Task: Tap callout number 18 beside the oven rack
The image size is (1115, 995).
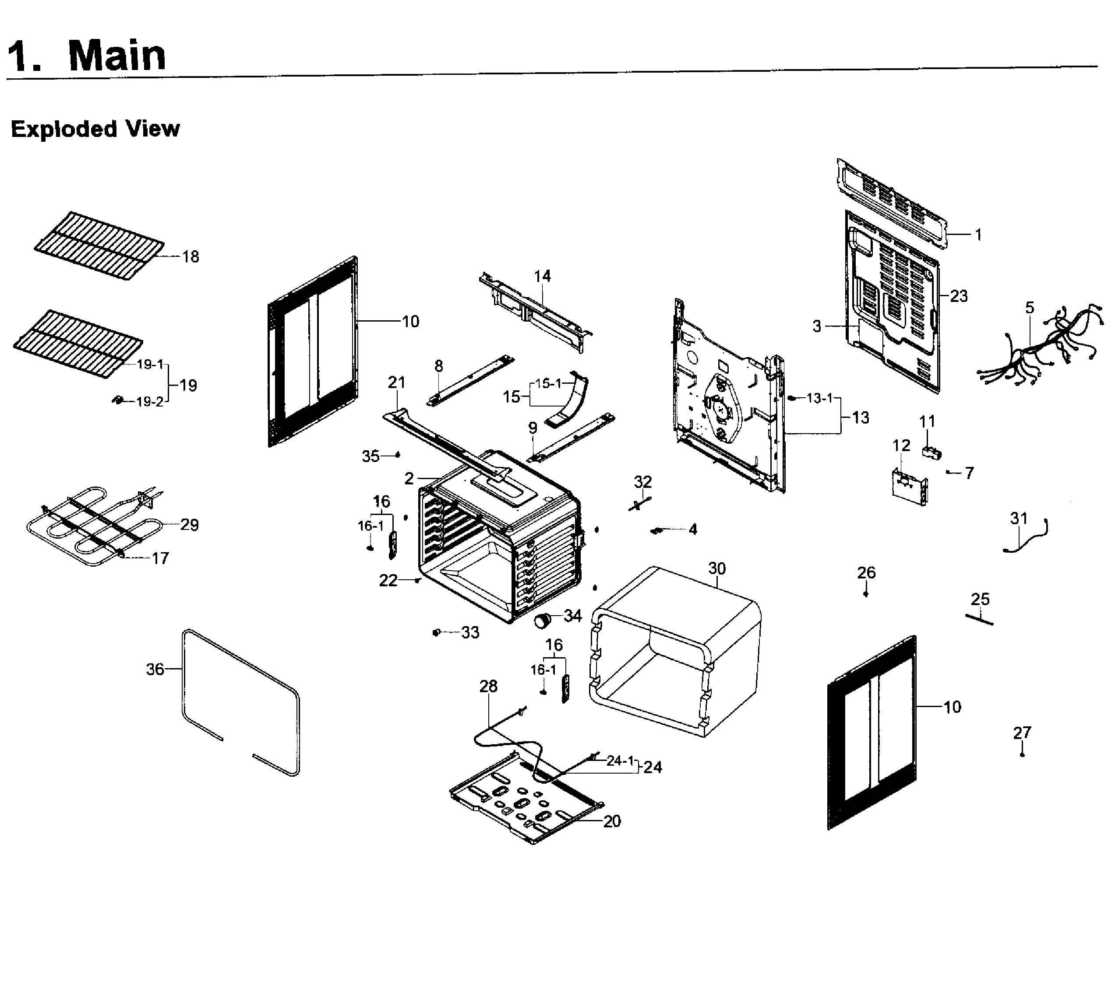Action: tap(191, 256)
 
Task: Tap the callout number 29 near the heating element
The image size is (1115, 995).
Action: tap(189, 525)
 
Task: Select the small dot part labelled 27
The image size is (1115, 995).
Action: tap(1022, 754)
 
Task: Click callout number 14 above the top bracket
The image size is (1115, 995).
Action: tap(542, 276)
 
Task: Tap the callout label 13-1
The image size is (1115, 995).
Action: tap(819, 398)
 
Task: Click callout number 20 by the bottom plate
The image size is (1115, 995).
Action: tap(612, 821)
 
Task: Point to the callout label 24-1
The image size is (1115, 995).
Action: tap(620, 760)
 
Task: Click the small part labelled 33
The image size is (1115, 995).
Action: tap(437, 633)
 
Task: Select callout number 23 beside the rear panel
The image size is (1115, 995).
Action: tap(959, 296)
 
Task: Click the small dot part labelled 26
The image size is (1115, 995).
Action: tap(865, 594)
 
